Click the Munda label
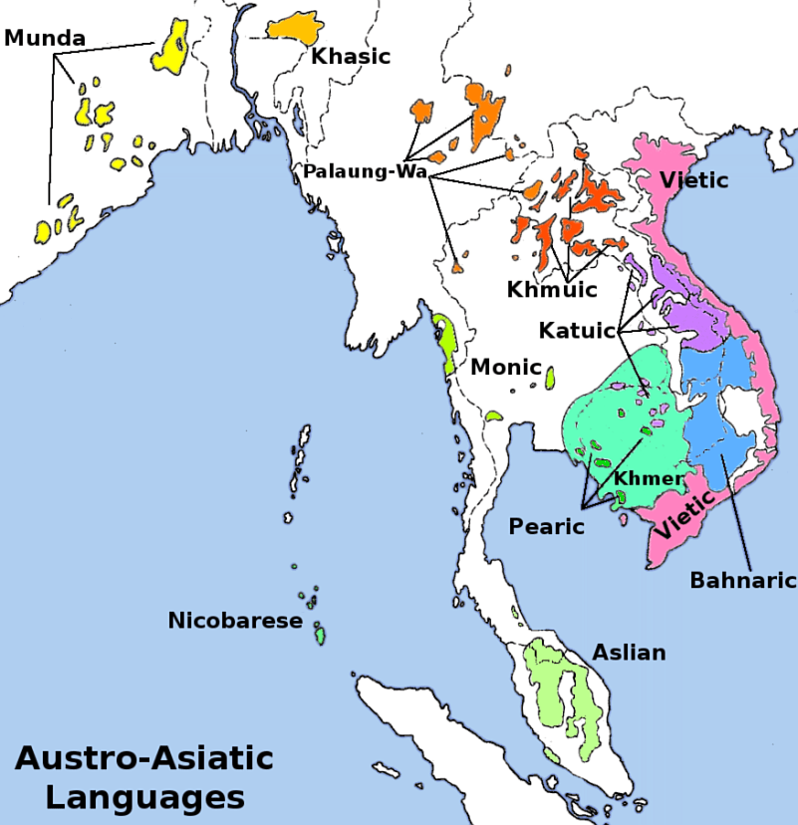pos(45,39)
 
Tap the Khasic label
pos(350,57)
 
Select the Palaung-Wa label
pos(365,171)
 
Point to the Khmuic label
pos(551,290)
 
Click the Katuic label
pos(577,329)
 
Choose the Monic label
pos(507,367)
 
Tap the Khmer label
pos(649,479)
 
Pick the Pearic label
pos(546,526)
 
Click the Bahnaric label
pos(743,580)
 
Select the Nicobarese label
pos(234,621)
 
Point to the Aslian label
pos(629,653)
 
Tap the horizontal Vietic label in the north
pos(693,180)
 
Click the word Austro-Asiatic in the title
pos(143,758)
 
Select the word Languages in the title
pos(144,797)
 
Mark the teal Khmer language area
pos(608,418)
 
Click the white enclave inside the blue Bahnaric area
pos(743,410)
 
